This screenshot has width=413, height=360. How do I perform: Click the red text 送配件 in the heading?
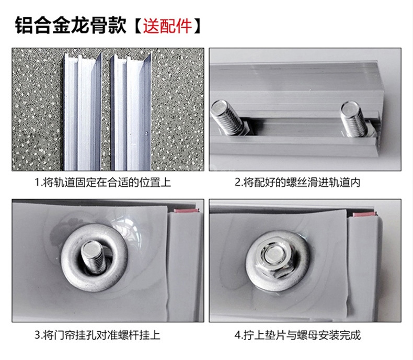click(x=167, y=26)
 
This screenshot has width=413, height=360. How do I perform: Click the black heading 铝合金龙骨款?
click(x=71, y=25)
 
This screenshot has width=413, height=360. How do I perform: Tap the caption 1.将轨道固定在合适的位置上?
click(x=103, y=182)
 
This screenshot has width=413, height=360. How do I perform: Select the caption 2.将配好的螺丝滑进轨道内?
click(x=297, y=182)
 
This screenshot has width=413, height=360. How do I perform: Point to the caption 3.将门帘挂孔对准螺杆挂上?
click(x=97, y=335)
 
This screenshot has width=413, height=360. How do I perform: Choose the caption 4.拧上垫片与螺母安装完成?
click(x=297, y=335)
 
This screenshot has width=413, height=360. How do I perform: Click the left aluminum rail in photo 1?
click(x=82, y=111)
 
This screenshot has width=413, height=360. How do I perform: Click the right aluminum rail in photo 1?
click(x=130, y=111)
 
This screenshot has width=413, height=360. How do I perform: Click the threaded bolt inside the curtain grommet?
click(x=93, y=256)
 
